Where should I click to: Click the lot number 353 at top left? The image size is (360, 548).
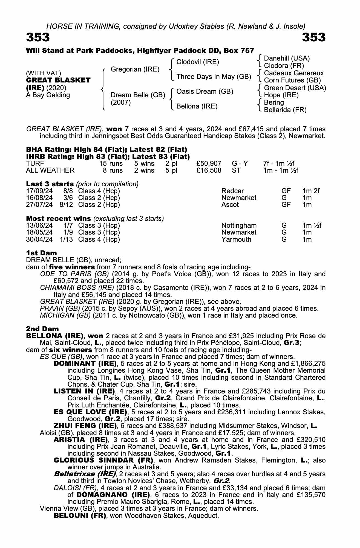(x=38, y=38)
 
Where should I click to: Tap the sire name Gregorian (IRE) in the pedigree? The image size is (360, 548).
(x=135, y=69)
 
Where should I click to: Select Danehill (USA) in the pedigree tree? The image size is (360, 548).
(x=287, y=58)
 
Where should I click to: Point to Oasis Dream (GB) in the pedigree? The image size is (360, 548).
(x=205, y=92)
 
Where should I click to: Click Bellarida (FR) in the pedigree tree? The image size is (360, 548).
(x=285, y=110)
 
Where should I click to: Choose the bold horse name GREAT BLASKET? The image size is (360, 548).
(x=58, y=80)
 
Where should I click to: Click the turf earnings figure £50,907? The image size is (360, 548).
(x=209, y=164)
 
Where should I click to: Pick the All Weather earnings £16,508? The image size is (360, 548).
(x=209, y=170)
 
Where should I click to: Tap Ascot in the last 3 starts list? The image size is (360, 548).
(x=230, y=205)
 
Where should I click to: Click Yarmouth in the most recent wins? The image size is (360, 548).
(x=236, y=239)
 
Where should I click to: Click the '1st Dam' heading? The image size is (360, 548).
(x=41, y=253)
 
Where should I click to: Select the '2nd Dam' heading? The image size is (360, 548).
(x=42, y=329)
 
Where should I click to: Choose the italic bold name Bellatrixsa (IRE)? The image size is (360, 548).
(x=85, y=474)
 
